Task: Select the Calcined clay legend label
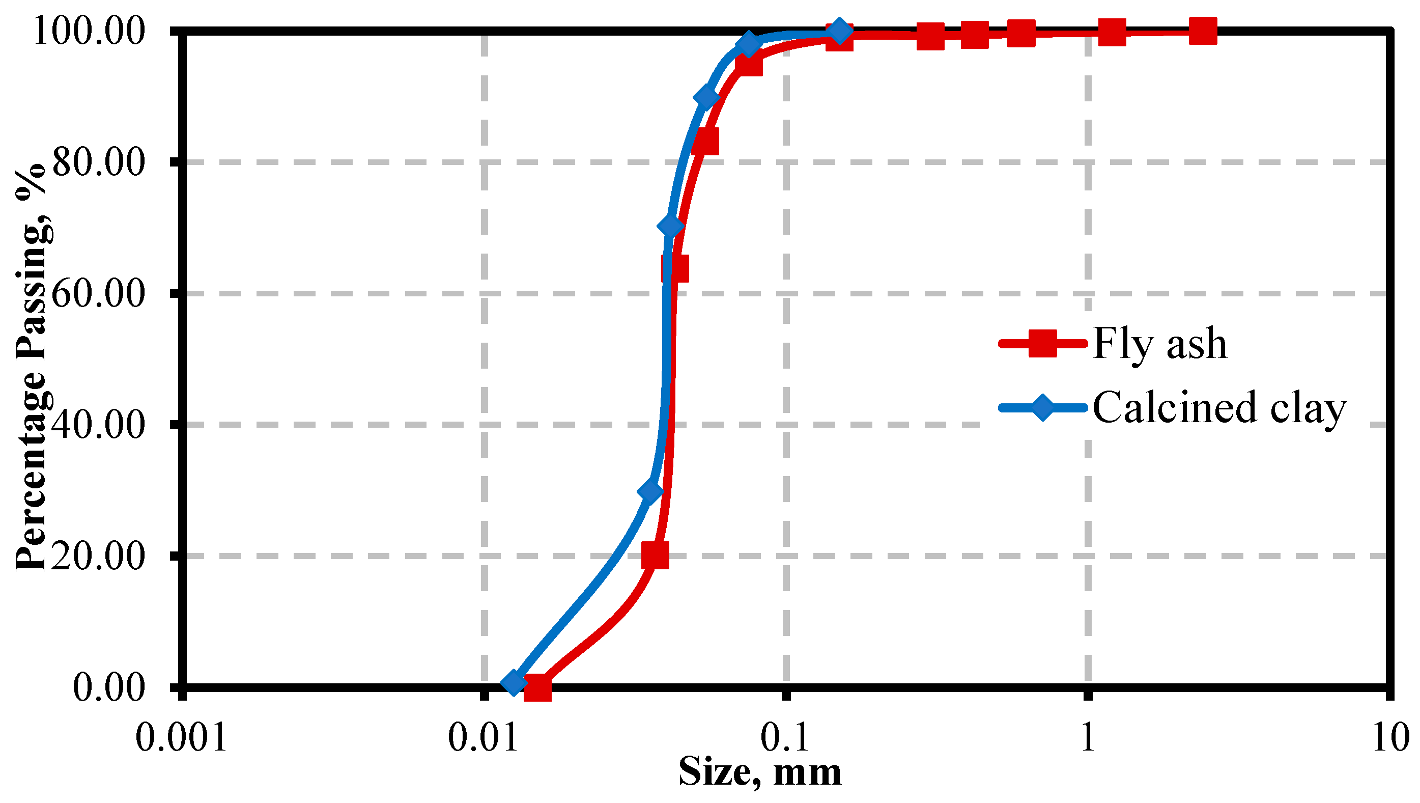click(1219, 408)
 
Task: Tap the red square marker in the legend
click(1042, 344)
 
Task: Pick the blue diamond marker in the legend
click(1042, 407)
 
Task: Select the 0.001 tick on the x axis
click(181, 737)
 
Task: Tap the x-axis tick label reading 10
click(1390, 737)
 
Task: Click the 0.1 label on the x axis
click(785, 737)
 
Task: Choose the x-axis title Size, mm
click(759, 772)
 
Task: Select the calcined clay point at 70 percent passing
click(670, 226)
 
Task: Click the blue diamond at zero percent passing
click(514, 683)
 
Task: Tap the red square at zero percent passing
click(537, 687)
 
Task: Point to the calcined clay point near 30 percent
click(651, 491)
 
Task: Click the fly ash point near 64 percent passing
click(675, 268)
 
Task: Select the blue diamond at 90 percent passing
click(706, 97)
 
